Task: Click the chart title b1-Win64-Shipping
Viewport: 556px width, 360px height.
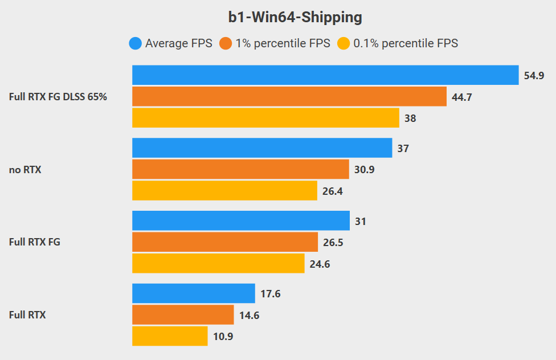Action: (295, 18)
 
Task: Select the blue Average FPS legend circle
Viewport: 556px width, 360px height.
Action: (136, 43)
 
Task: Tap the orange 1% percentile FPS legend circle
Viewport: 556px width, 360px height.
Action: (226, 43)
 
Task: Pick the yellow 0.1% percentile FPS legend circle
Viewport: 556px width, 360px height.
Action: (344, 43)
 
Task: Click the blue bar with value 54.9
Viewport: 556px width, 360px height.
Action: (325, 75)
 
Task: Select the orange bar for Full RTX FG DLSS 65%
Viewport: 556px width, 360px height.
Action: (289, 97)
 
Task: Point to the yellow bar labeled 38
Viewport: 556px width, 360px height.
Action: (265, 118)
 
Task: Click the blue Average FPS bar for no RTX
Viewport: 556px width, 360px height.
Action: (262, 148)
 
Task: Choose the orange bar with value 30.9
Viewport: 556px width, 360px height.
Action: (240, 170)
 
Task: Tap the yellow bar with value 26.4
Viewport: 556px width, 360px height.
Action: (224, 191)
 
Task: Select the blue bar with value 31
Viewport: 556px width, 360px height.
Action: (241, 221)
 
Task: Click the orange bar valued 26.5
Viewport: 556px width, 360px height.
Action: (225, 243)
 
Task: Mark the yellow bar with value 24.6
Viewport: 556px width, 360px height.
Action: (218, 264)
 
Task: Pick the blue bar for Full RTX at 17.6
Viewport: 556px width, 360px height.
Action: (194, 294)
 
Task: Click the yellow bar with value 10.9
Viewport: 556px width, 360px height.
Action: (170, 337)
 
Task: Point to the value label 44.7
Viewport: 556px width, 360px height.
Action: (462, 97)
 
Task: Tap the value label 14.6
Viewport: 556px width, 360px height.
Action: (249, 316)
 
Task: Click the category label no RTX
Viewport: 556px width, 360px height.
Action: (25, 170)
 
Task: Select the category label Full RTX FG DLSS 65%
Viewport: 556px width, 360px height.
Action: (58, 97)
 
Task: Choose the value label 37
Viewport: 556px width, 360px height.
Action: (403, 148)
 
